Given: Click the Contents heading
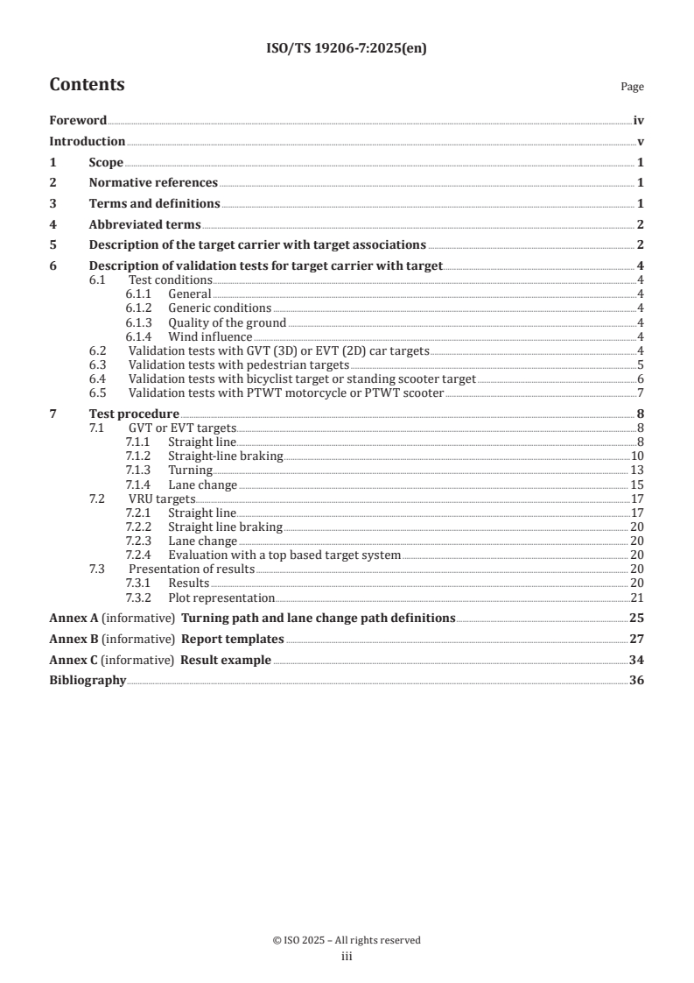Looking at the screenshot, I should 87,85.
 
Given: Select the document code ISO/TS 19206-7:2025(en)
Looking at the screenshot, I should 347,49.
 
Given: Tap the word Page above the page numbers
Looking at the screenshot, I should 632,87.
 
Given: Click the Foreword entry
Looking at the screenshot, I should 78,120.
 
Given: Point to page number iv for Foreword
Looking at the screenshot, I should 639,120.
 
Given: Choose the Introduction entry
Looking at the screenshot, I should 87,141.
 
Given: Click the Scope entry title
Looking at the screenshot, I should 106,162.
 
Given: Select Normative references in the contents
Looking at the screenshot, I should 153,182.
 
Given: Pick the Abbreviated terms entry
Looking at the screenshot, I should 144,224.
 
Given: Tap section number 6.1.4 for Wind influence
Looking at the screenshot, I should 141,336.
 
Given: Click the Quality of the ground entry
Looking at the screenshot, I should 227,322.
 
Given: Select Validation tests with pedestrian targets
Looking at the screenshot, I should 239,364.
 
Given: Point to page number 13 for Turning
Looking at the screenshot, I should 637,470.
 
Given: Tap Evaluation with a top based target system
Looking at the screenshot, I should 284,554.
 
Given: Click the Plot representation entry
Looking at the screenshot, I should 221,598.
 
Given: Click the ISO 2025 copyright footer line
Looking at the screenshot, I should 347,940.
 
